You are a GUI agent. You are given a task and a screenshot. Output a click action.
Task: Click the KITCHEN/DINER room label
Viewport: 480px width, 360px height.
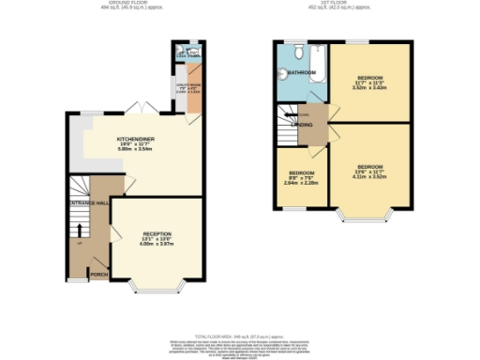click(136, 139)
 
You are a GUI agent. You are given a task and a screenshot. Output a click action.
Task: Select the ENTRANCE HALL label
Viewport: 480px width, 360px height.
click(88, 202)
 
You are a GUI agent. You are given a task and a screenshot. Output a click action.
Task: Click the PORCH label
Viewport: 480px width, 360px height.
click(97, 275)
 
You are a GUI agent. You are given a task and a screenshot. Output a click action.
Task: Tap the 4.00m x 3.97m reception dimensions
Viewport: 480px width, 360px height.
click(157, 245)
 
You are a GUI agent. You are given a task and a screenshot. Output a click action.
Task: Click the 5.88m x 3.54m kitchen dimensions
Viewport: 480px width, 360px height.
click(136, 150)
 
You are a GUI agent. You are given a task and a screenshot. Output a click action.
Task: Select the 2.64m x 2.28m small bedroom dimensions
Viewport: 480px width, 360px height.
click(301, 183)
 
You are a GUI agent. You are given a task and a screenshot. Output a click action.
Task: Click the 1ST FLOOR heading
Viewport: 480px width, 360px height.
click(342, 4)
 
